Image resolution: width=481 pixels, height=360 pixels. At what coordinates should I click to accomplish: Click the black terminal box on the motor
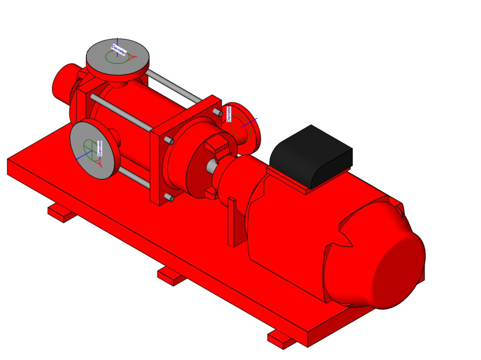coord(311,156)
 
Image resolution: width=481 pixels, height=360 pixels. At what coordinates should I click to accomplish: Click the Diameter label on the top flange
coord(118,50)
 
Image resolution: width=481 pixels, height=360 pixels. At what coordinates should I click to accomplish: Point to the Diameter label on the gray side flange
coord(100,149)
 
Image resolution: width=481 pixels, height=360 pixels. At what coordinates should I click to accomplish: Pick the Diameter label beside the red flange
coord(228,114)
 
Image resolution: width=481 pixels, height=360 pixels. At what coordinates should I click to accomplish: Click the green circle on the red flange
coord(241,127)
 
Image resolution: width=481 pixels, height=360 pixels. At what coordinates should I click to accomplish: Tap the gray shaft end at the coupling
coord(211,166)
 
